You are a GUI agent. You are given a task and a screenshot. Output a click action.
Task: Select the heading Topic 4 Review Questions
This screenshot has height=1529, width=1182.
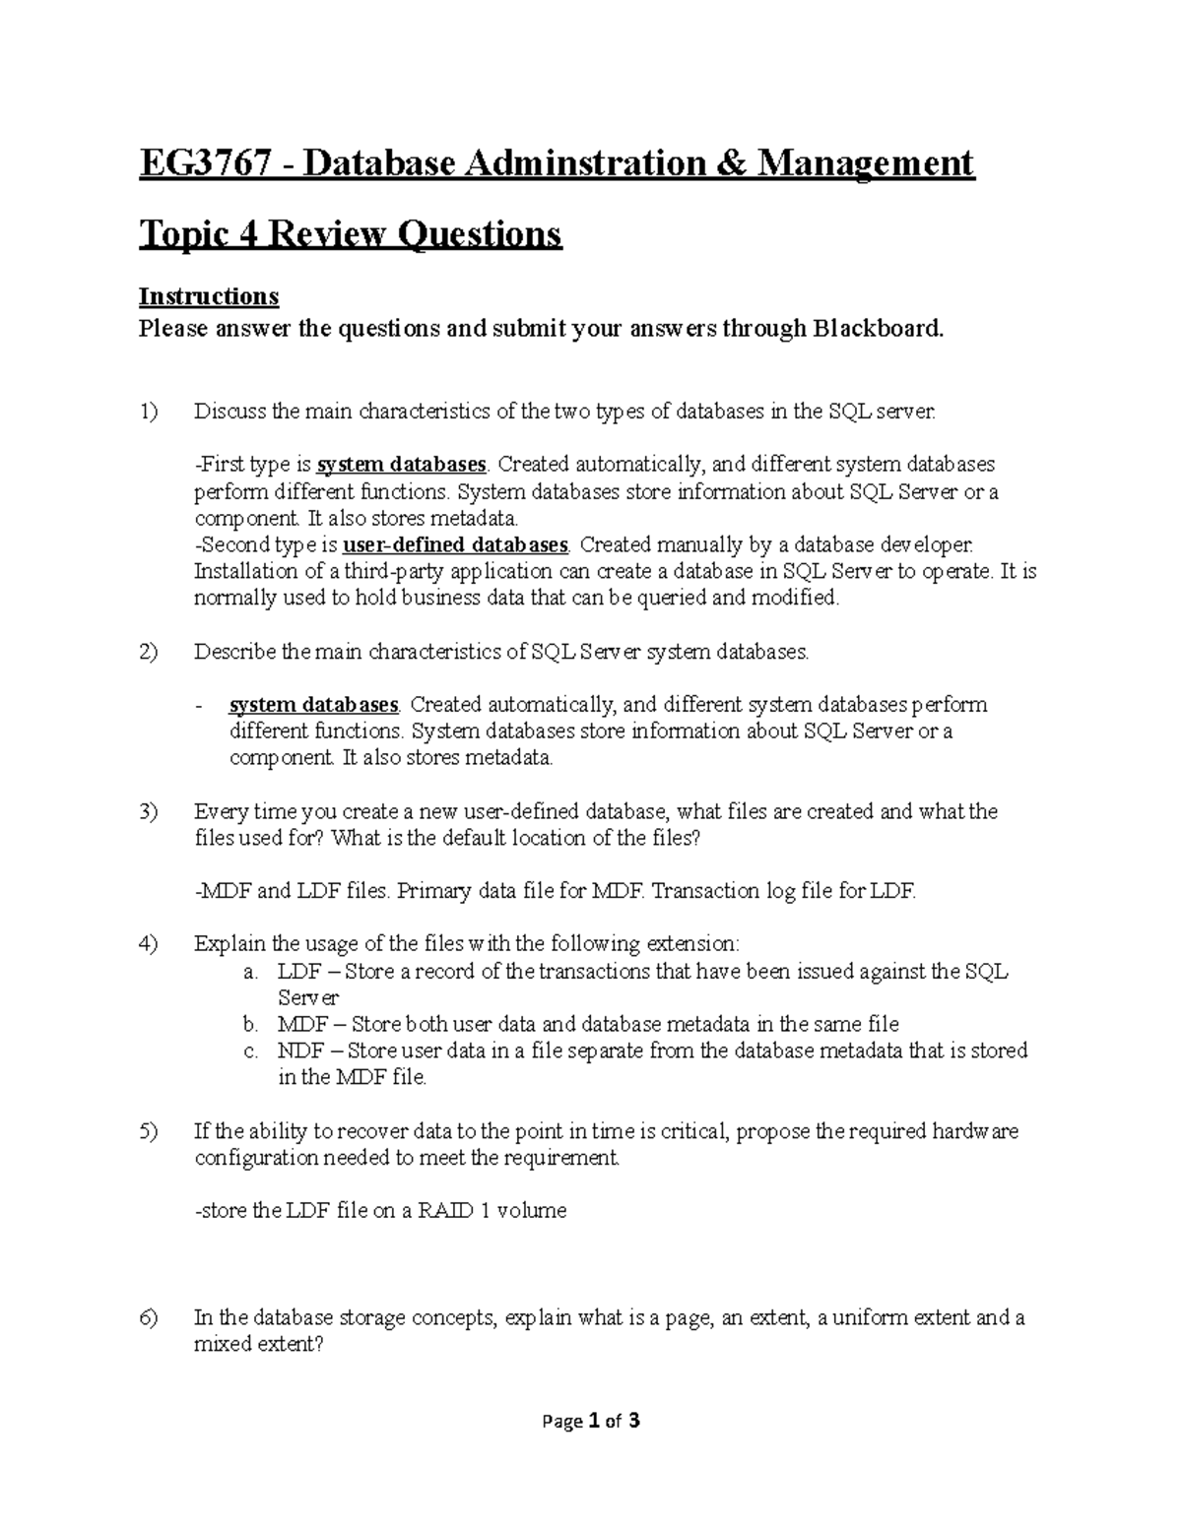pos(350,234)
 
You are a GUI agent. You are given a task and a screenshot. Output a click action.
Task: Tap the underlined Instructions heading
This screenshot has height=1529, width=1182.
pos(208,296)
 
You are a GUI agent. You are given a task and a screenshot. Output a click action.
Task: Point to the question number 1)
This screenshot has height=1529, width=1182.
pos(148,412)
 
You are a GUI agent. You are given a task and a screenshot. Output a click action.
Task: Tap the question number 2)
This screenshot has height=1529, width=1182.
pos(148,652)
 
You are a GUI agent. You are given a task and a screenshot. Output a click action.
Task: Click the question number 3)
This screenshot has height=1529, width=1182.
pos(148,812)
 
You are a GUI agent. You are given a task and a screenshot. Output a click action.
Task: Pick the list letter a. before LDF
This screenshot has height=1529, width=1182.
pos(250,972)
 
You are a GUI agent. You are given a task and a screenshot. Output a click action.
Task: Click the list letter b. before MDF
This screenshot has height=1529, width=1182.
pos(250,1025)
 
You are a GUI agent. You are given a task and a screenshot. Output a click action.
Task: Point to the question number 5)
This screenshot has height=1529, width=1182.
pos(148,1131)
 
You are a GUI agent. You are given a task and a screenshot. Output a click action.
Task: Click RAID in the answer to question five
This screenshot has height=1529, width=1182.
pos(445,1211)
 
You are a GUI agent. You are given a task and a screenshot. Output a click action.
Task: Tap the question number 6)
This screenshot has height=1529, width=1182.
pos(148,1318)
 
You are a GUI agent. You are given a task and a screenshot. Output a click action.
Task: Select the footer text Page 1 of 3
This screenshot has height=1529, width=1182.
pos(591,1421)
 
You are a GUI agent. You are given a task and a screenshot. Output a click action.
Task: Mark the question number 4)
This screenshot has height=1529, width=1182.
pos(148,944)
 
